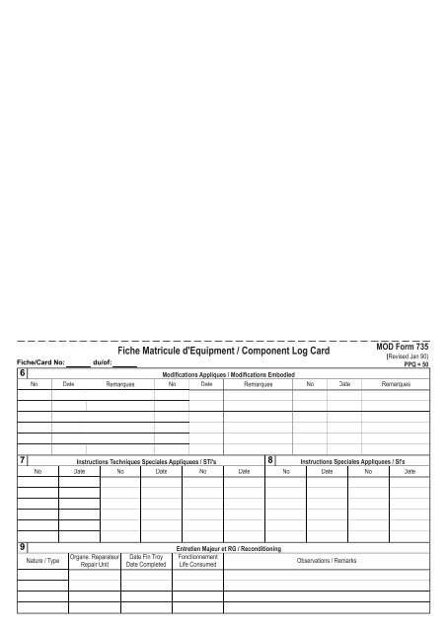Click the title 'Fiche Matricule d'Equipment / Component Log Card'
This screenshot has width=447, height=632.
tap(225, 352)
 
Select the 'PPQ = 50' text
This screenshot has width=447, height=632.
tap(414, 364)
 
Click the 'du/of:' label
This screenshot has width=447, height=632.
tap(101, 363)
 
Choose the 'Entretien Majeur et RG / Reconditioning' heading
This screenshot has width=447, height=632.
tap(227, 548)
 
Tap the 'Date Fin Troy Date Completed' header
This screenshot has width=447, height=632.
tap(146, 561)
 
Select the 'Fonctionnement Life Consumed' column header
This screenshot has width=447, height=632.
tap(197, 561)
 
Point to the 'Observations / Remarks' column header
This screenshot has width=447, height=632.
tap(327, 561)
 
